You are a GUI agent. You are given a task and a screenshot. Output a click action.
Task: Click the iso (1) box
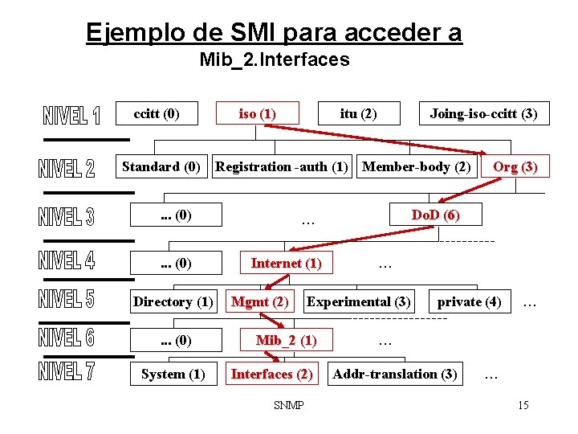pyautogui.click(x=258, y=113)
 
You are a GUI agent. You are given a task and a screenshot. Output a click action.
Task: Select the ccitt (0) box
pyautogui.click(x=157, y=113)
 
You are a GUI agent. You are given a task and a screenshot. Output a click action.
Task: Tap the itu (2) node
pyautogui.click(x=358, y=113)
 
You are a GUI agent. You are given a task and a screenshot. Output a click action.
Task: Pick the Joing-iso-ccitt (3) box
pyautogui.click(x=483, y=113)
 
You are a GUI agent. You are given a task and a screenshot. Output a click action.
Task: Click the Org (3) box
pyautogui.click(x=515, y=166)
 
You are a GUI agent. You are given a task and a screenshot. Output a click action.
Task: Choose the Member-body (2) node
pyautogui.click(x=417, y=166)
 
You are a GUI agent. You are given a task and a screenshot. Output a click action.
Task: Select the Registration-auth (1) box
pyautogui.click(x=282, y=166)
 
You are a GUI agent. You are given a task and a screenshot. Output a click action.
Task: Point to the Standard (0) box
pyautogui.click(x=161, y=166)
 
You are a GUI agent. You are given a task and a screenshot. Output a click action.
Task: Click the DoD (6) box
pyautogui.click(x=435, y=215)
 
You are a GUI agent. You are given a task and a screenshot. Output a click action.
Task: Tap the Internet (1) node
pyautogui.click(x=286, y=263)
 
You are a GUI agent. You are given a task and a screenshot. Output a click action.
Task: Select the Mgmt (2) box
pyautogui.click(x=259, y=301)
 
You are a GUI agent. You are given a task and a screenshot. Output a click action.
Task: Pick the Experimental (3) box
pyautogui.click(x=359, y=301)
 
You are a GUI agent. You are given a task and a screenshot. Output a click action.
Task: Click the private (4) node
pyautogui.click(x=469, y=301)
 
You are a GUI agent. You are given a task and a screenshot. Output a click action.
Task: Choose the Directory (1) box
pyautogui.click(x=173, y=301)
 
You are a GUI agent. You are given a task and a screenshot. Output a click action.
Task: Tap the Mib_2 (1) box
pyautogui.click(x=286, y=340)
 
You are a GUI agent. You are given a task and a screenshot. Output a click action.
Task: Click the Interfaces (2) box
pyautogui.click(x=271, y=374)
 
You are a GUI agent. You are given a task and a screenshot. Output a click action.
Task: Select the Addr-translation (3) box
pyautogui.click(x=395, y=374)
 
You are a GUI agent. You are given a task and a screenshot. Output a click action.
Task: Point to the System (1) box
pyautogui.click(x=173, y=374)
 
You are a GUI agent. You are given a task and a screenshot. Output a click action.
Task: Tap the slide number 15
pyautogui.click(x=523, y=405)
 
